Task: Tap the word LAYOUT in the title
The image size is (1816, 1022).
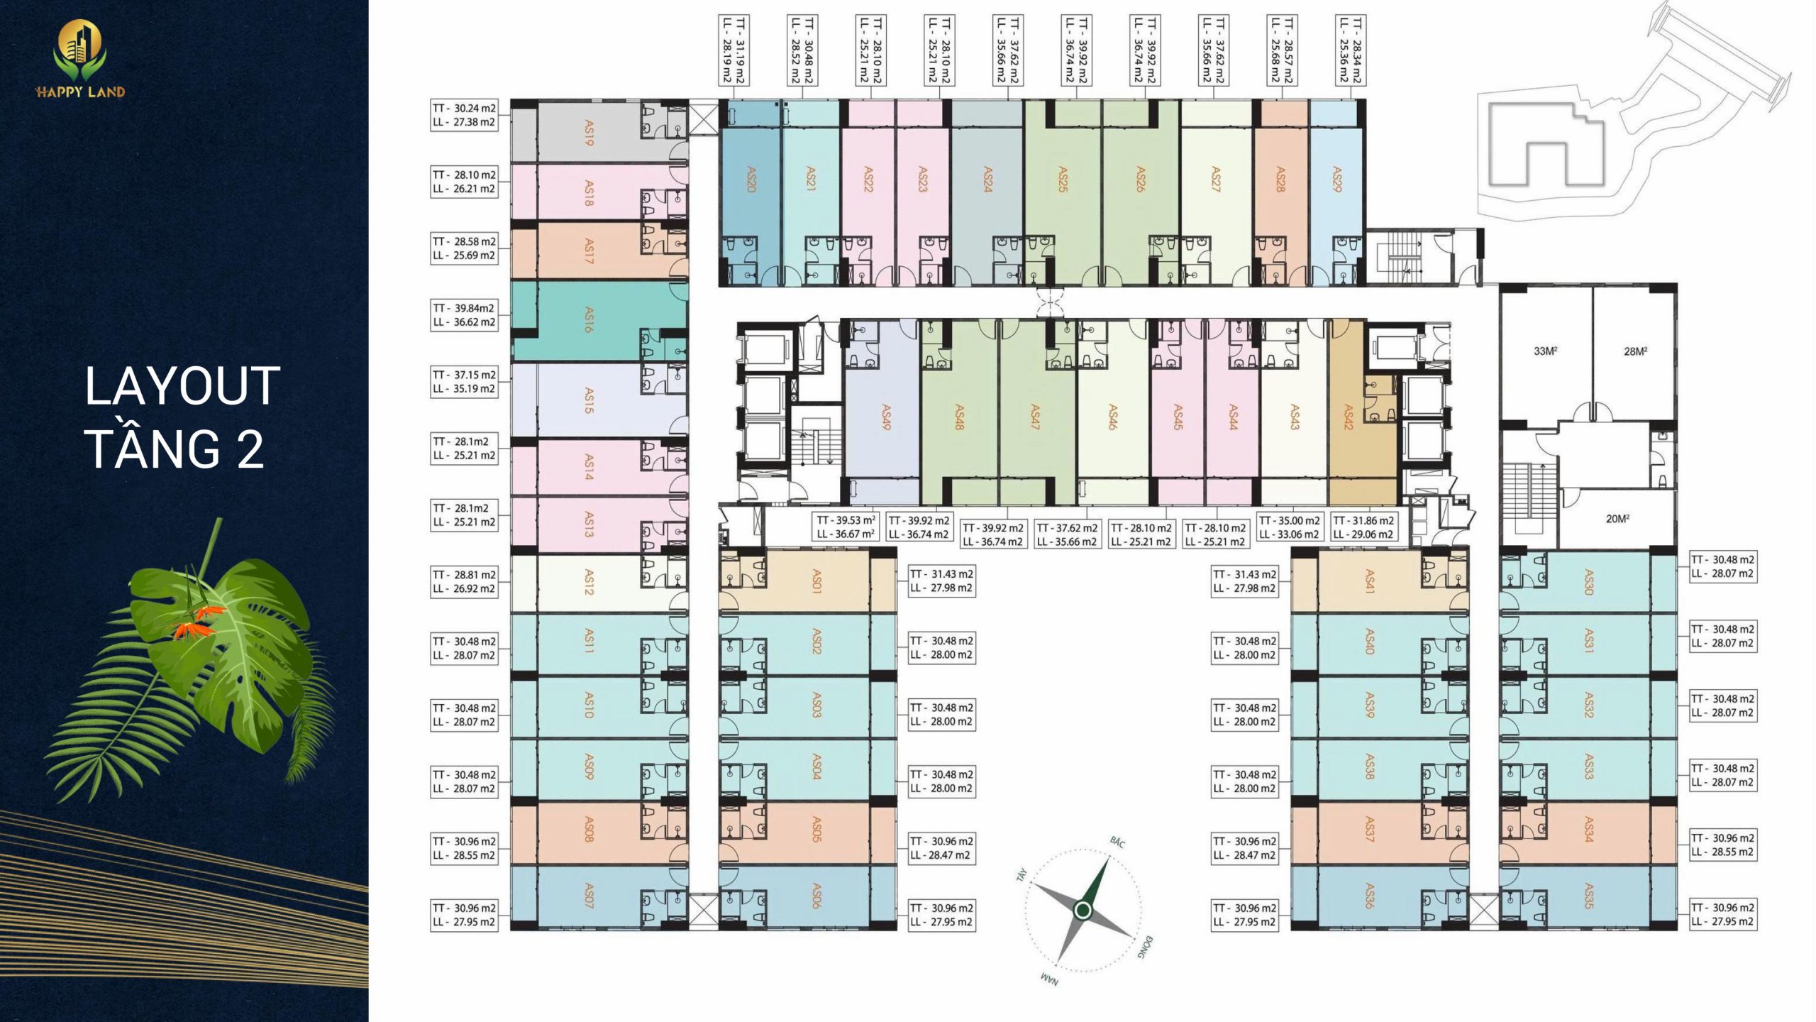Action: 182,387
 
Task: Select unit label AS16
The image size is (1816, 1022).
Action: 588,320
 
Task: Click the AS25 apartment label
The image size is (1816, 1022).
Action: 1063,180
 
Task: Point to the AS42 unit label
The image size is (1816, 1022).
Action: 1349,417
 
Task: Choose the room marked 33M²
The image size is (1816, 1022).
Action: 1545,351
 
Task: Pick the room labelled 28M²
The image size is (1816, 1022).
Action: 1635,351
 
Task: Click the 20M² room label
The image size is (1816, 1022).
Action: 1617,519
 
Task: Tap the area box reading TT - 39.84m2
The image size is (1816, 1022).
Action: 464,315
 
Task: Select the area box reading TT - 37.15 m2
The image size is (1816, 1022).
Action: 464,382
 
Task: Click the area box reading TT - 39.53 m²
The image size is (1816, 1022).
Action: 846,527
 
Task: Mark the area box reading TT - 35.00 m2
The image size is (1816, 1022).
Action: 1289,527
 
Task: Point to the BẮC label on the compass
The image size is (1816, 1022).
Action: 1117,842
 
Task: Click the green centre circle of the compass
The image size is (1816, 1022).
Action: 1083,910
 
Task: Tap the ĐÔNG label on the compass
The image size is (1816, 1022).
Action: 1145,947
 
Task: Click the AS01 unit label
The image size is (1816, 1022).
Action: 816,581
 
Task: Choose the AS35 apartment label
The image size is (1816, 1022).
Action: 1589,896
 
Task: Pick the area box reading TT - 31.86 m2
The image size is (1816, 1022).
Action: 1363,527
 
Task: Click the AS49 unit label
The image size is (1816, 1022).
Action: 886,417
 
